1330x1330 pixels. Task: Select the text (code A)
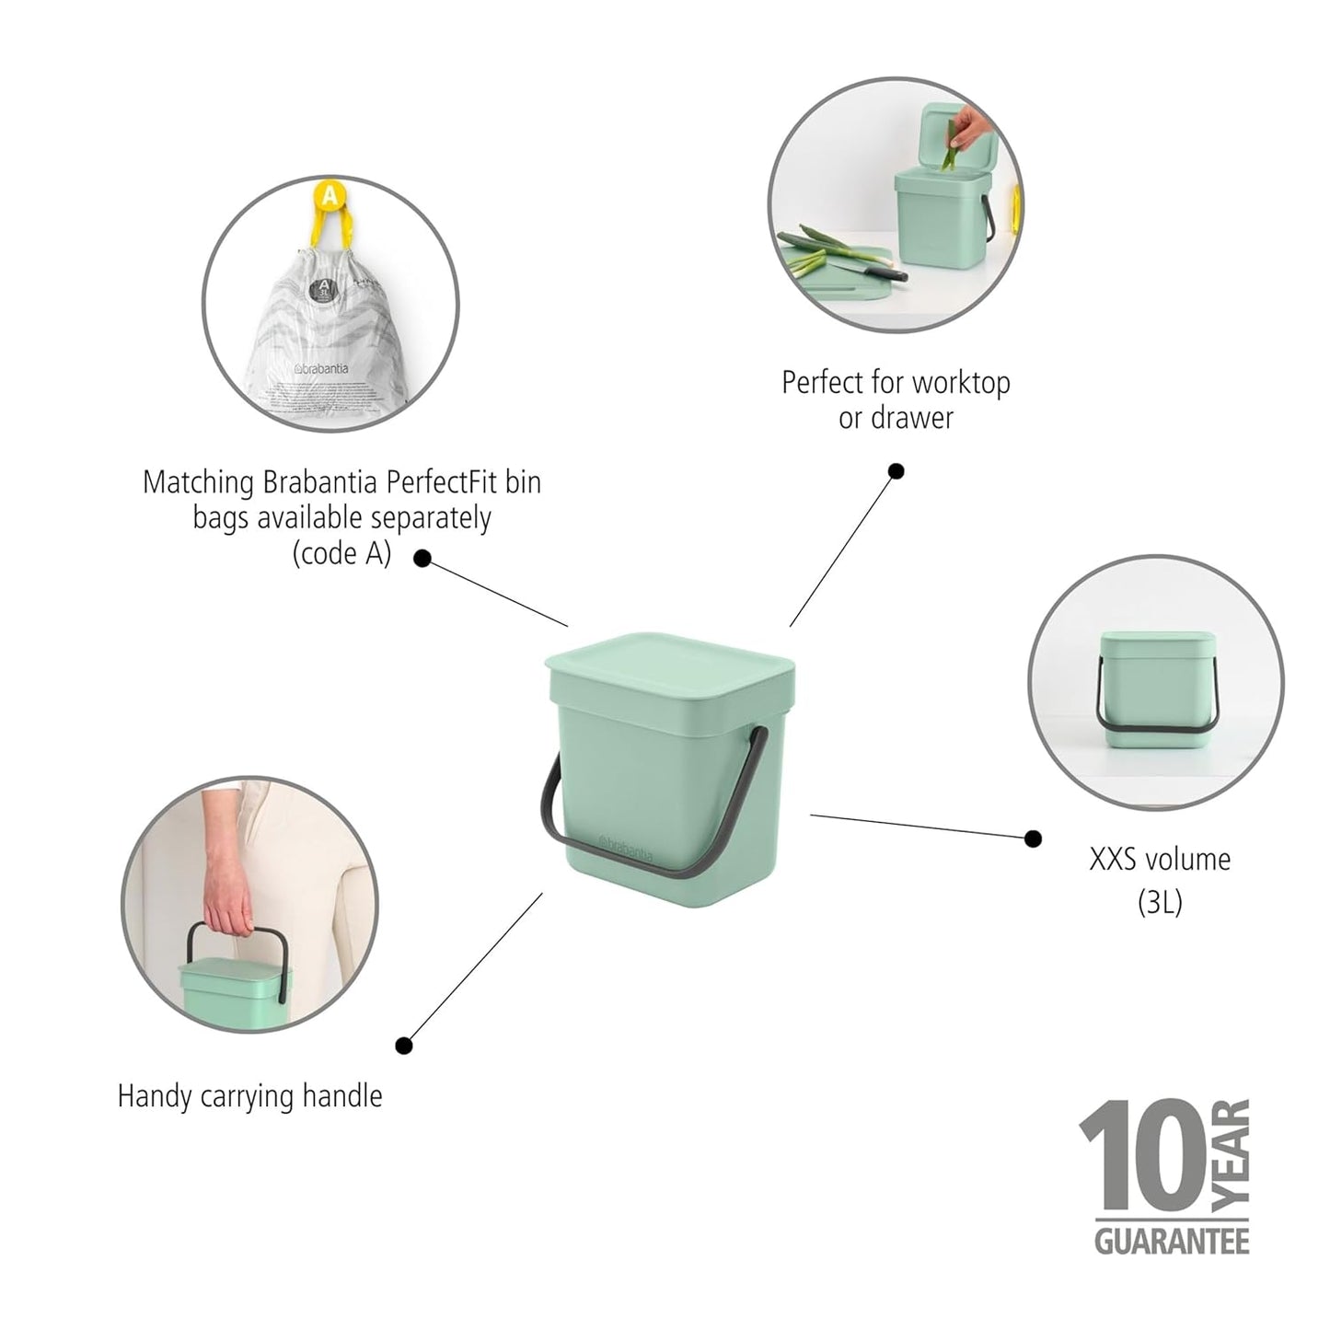(341, 553)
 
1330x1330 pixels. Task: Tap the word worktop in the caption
(960, 383)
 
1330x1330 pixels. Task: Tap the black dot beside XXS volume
(1033, 838)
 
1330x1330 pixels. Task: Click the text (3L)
(1159, 902)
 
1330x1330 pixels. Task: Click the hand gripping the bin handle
(226, 897)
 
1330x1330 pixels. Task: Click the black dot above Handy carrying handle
(403, 1046)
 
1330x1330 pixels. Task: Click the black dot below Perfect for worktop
(896, 471)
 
